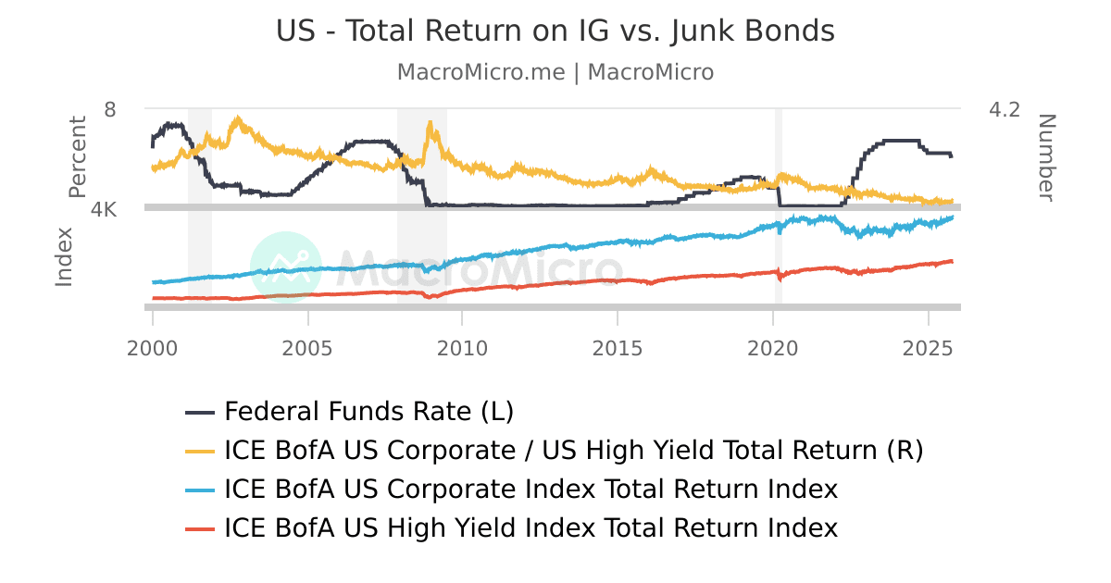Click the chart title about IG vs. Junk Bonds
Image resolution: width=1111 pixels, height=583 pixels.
click(x=555, y=31)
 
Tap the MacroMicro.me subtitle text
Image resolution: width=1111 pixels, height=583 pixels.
click(x=555, y=72)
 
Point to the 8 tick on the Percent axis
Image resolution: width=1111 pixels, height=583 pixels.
click(x=110, y=110)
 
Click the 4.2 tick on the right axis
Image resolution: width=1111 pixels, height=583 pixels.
click(x=1005, y=110)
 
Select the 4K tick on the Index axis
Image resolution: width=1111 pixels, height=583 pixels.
click(x=105, y=210)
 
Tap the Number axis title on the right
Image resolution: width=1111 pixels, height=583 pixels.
click(x=1045, y=156)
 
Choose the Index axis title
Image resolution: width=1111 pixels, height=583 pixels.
click(x=64, y=256)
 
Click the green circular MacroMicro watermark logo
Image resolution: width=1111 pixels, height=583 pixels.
click(x=286, y=267)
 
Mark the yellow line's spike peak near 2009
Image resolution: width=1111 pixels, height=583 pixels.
click(x=430, y=122)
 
